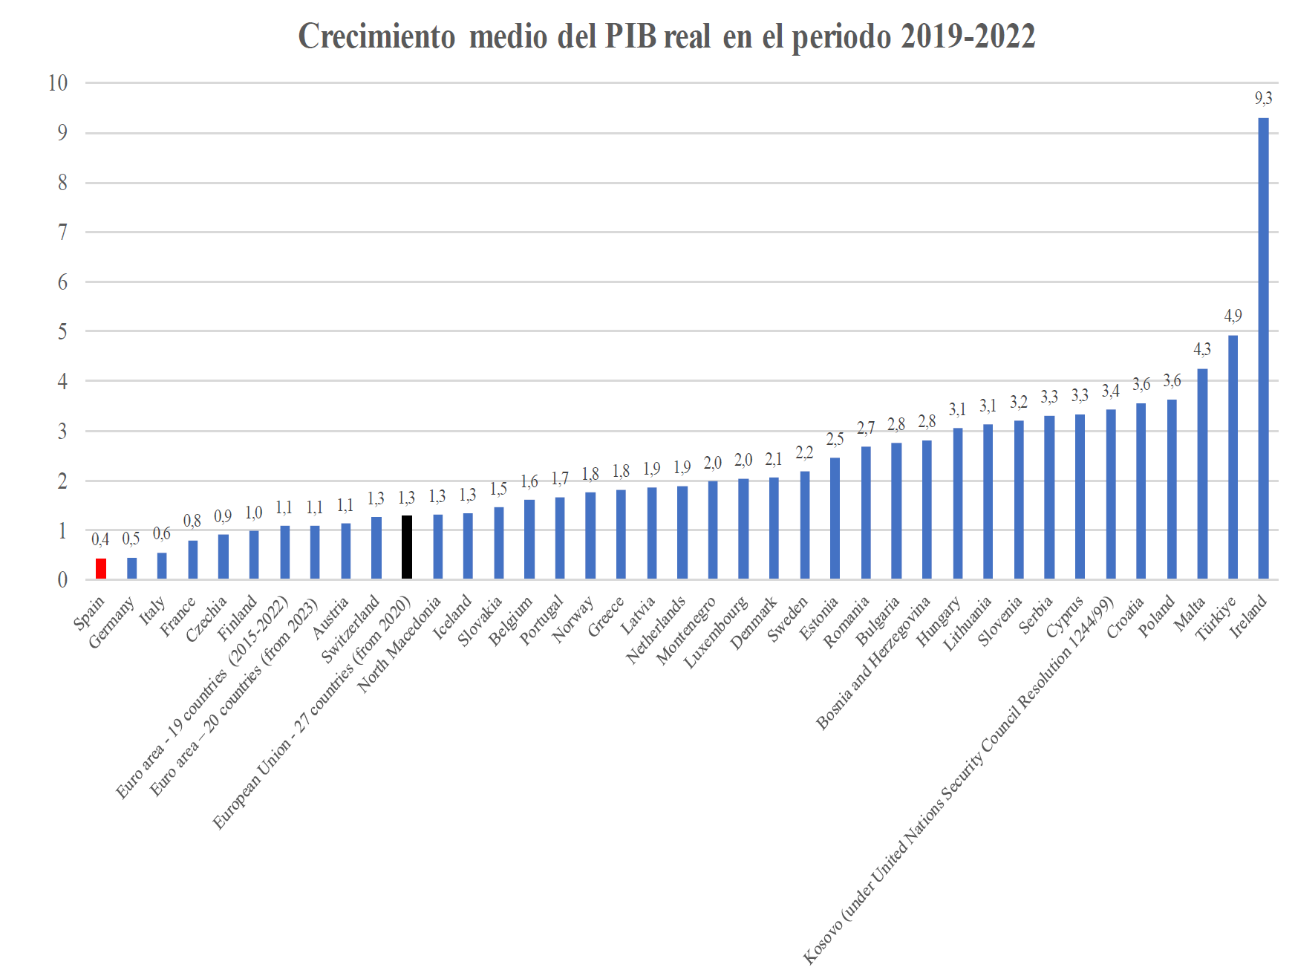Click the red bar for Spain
(x=101, y=569)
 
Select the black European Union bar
(x=407, y=547)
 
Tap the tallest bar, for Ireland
(x=1263, y=349)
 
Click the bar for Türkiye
(x=1233, y=457)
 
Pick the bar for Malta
(x=1202, y=474)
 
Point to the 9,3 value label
(x=1263, y=99)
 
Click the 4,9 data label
(x=1233, y=316)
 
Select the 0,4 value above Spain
(x=100, y=540)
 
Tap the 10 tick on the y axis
(x=58, y=83)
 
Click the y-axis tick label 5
(x=62, y=332)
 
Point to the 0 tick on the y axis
(x=62, y=580)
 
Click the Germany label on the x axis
(x=112, y=622)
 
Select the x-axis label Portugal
(x=542, y=620)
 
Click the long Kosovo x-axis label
(x=958, y=780)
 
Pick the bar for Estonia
(x=835, y=518)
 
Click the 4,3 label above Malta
(x=1202, y=350)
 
